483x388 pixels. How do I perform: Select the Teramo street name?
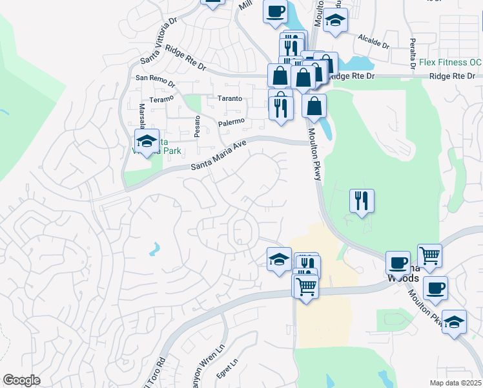[161, 99]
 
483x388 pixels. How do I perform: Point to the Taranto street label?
[229, 99]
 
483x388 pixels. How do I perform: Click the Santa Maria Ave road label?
[219, 157]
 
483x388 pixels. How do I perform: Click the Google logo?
[21, 380]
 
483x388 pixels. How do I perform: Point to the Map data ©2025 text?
[455, 383]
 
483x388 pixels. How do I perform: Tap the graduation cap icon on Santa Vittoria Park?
[147, 142]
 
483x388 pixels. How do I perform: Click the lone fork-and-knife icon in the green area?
[362, 200]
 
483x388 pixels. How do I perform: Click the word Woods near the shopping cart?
[403, 278]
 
